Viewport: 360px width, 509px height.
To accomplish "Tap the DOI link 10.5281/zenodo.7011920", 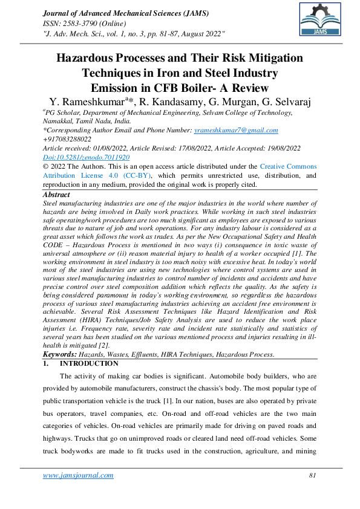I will pos(86,157).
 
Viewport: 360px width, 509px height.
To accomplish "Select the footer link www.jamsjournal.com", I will pos(78,475).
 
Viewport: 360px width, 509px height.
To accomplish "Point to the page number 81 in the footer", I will pos(313,475).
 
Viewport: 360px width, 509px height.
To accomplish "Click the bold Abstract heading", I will pos(56,195).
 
